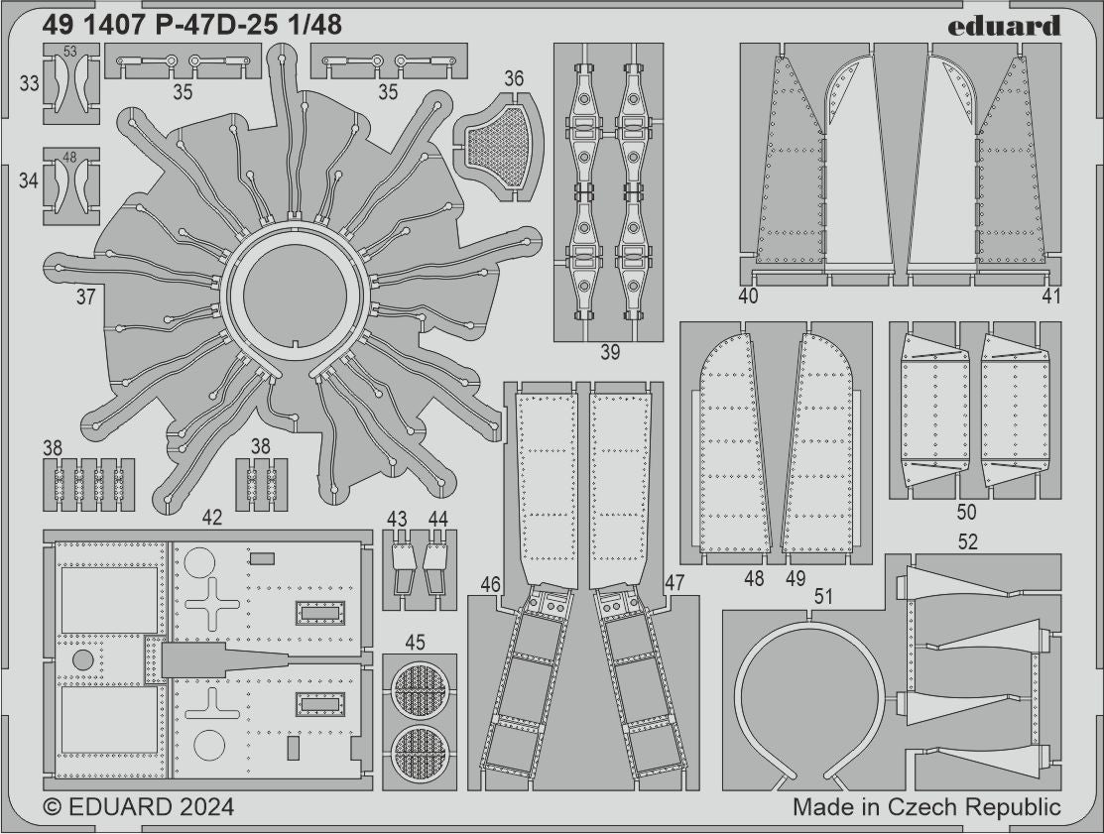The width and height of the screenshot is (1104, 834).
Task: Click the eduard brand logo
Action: [x=1003, y=26]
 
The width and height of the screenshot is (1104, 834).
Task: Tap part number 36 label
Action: [x=514, y=78]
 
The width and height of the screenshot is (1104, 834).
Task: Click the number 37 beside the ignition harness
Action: [x=86, y=295]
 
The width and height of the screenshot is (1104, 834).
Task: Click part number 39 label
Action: [x=610, y=352]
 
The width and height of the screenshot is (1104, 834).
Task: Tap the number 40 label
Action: [x=749, y=296]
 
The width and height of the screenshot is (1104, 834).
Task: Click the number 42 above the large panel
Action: [x=211, y=517]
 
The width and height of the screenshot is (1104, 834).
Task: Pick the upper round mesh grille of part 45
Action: [x=420, y=689]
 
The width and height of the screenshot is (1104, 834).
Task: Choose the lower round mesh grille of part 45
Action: [x=420, y=752]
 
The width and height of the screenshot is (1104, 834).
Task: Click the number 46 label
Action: [x=490, y=584]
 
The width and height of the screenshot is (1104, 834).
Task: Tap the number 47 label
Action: [x=675, y=584]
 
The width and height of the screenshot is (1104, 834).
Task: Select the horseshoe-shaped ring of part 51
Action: [x=808, y=694]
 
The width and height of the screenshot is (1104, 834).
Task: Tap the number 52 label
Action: [x=968, y=541]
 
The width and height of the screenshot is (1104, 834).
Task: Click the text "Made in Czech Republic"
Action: [x=926, y=807]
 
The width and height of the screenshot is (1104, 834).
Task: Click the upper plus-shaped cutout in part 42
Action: [x=212, y=603]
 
